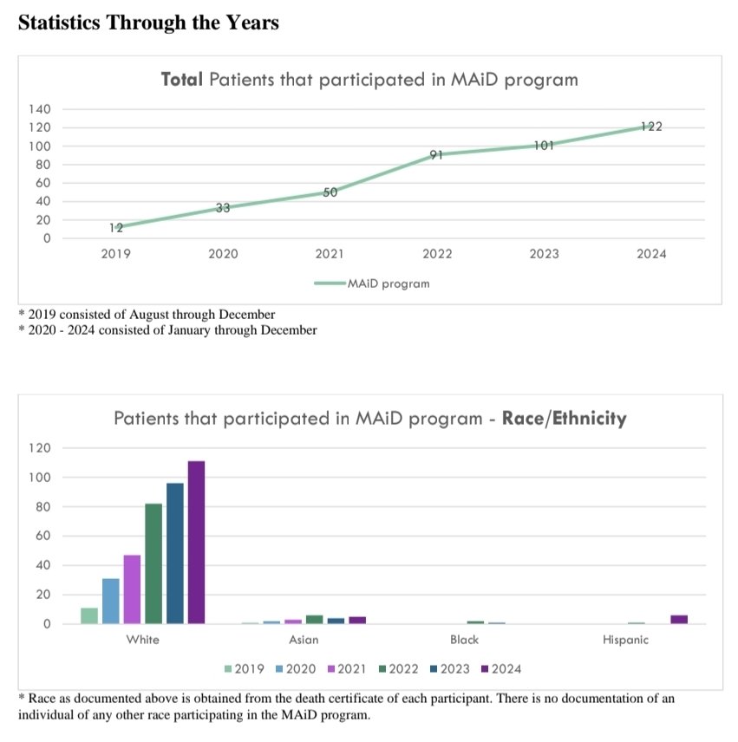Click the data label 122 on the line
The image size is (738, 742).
(x=651, y=127)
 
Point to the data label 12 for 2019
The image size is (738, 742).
(x=116, y=228)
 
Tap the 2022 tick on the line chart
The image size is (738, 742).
(x=436, y=254)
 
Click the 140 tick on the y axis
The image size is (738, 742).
(x=42, y=109)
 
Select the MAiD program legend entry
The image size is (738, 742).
(x=372, y=283)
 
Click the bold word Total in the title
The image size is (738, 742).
(x=182, y=80)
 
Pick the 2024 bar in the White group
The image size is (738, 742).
(x=196, y=542)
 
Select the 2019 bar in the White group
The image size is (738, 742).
(x=89, y=615)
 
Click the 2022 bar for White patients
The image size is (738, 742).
(x=153, y=563)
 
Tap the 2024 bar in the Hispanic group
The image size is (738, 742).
(x=678, y=619)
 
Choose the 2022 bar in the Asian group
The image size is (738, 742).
(x=314, y=619)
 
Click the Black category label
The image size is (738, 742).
(x=464, y=641)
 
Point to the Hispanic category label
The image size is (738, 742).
(x=625, y=641)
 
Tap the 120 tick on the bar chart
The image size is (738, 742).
(x=41, y=448)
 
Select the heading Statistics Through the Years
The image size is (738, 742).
(x=148, y=23)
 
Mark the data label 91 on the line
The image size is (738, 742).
(x=436, y=155)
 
